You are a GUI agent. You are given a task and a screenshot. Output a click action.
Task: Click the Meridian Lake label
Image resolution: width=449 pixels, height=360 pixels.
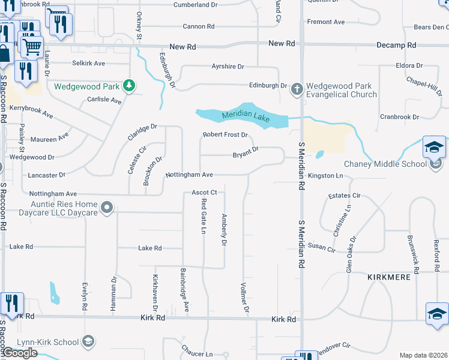pyautogui.click(x=246, y=116)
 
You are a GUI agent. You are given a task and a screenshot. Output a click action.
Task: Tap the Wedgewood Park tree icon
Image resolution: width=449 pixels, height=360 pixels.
pyautogui.click(x=128, y=86)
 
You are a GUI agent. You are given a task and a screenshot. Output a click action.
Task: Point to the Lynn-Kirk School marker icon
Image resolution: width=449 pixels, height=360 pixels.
pyautogui.click(x=88, y=341)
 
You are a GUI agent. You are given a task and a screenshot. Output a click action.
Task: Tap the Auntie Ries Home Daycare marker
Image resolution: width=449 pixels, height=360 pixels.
pyautogui.click(x=107, y=208)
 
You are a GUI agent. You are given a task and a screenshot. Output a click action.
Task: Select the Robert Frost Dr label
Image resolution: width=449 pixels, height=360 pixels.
pyautogui.click(x=225, y=135)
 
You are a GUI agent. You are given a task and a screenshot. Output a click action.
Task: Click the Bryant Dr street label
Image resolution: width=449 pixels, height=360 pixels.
pyautogui.click(x=246, y=155)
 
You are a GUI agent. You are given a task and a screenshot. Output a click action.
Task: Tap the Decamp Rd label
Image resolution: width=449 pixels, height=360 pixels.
pyautogui.click(x=396, y=45)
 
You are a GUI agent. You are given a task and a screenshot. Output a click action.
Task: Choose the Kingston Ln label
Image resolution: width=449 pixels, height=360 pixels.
pyautogui.click(x=325, y=176)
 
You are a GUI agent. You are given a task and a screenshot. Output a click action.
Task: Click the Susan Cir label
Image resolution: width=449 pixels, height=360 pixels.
pyautogui.click(x=321, y=247)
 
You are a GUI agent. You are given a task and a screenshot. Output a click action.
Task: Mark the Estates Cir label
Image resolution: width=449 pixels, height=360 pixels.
pyautogui.click(x=345, y=196)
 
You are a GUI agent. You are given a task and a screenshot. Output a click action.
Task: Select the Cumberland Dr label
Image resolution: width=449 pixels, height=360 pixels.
pyautogui.click(x=195, y=5)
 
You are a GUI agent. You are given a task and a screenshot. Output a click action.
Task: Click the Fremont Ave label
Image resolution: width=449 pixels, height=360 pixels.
pyautogui.click(x=326, y=22)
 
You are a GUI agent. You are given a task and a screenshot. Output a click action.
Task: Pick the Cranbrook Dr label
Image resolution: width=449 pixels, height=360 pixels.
pyautogui.click(x=399, y=117)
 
